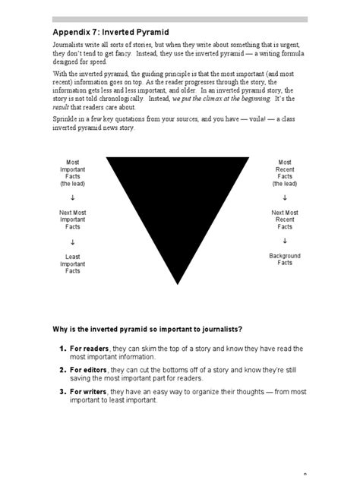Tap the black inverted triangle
click(x=179, y=205)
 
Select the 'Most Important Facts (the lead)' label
click(x=74, y=173)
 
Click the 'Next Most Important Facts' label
click(x=74, y=219)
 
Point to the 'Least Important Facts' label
click(x=74, y=264)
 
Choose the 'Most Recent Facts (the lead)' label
click(x=285, y=173)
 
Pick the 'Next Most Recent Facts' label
click(x=285, y=219)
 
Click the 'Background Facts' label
click(x=285, y=259)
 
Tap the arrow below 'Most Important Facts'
click(x=74, y=197)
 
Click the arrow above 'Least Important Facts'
click(x=74, y=242)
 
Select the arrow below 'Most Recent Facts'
click(x=285, y=197)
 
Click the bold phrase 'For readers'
click(x=89, y=348)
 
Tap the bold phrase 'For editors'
click(x=88, y=370)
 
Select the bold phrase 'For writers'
click(x=88, y=392)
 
